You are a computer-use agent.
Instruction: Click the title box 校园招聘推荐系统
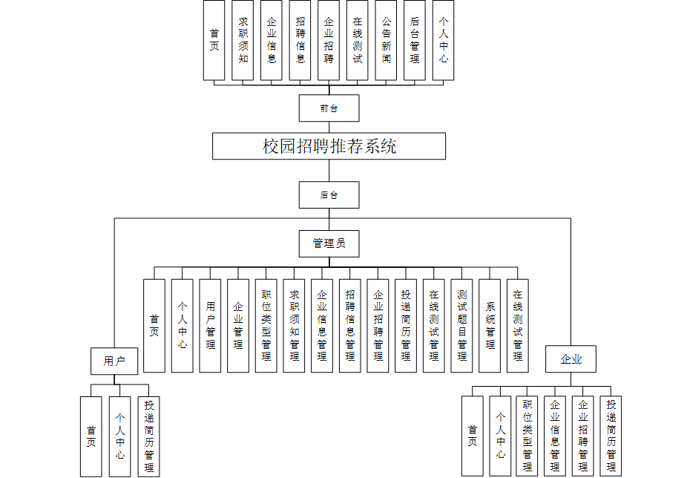(329, 146)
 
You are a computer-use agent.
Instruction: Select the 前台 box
(329, 108)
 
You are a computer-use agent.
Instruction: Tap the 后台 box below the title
(329, 195)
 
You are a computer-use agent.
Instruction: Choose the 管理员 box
(329, 243)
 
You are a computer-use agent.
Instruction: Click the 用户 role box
(114, 361)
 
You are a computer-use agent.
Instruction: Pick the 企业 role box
(571, 360)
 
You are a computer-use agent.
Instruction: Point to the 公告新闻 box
(386, 40)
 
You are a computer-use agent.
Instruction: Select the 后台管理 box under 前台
(415, 40)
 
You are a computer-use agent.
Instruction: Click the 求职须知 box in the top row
(243, 40)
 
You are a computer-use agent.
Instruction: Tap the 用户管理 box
(211, 326)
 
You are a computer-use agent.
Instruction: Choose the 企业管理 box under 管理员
(238, 326)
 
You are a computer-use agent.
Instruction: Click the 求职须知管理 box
(295, 326)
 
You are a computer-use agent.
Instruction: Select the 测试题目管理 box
(462, 326)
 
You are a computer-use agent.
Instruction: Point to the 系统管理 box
(490, 326)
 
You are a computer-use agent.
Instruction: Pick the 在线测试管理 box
(518, 326)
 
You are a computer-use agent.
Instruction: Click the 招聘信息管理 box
(350, 326)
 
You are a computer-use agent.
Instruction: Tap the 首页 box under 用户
(91, 436)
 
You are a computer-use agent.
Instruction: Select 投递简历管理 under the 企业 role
(611, 436)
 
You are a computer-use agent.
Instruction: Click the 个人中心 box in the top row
(443, 40)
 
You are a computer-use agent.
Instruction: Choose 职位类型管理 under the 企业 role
(527, 436)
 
